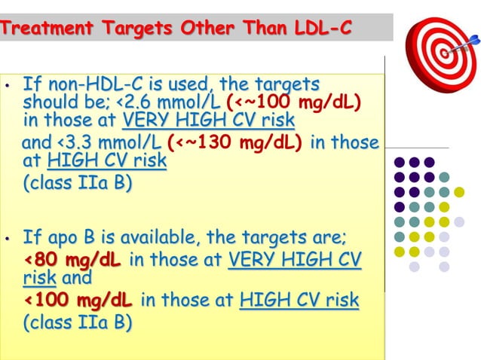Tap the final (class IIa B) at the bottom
pyautogui.click(x=78, y=323)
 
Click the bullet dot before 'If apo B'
pyautogui.click(x=7, y=241)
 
